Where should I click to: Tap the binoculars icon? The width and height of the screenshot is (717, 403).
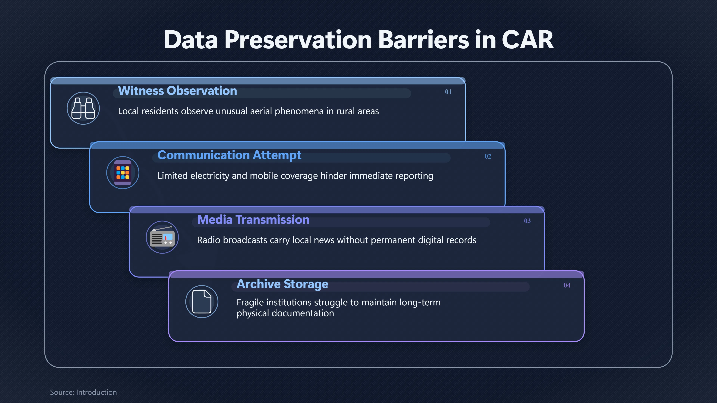[83, 108]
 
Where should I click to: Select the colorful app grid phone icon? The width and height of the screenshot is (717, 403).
[123, 173]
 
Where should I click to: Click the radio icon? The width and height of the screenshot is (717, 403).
[162, 237]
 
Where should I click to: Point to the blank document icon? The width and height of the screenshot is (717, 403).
[202, 302]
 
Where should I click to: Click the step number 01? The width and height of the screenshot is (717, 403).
[448, 92]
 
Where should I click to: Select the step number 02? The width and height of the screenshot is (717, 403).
[488, 156]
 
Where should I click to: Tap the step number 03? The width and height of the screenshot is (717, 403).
[527, 221]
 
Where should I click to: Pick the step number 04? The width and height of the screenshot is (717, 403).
[567, 285]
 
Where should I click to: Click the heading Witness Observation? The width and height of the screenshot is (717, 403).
[178, 91]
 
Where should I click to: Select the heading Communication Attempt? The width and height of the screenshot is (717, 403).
[229, 155]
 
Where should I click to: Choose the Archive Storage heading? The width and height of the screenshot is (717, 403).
[283, 284]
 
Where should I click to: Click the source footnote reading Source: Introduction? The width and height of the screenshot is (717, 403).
[83, 392]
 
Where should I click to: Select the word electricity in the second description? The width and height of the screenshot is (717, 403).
[209, 176]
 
